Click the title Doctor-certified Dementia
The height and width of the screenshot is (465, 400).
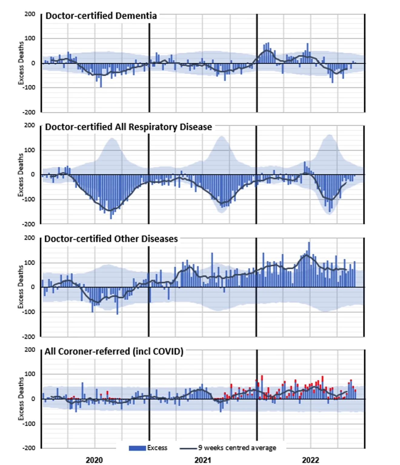point(101,16)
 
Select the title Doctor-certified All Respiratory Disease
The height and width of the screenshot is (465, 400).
point(128,127)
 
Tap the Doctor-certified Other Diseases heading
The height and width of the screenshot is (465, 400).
point(111,239)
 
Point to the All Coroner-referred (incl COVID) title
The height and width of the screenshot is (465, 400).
point(114,351)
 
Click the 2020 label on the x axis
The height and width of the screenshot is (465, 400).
point(94,460)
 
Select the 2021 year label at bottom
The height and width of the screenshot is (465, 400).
point(203,460)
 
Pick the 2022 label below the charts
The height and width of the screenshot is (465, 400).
point(310,460)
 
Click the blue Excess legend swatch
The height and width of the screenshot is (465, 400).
point(137,448)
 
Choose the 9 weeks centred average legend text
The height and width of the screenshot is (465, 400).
point(237,448)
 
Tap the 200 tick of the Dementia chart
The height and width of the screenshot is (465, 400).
point(30,14)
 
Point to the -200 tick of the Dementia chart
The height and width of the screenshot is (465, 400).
point(29,112)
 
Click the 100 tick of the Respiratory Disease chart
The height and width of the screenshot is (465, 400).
point(30,150)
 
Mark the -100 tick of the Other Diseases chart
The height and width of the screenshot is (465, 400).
point(29,312)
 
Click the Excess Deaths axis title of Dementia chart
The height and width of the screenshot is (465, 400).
point(21,63)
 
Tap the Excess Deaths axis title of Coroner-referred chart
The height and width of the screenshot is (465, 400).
point(21,398)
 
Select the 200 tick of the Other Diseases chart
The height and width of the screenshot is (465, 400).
point(30,238)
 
